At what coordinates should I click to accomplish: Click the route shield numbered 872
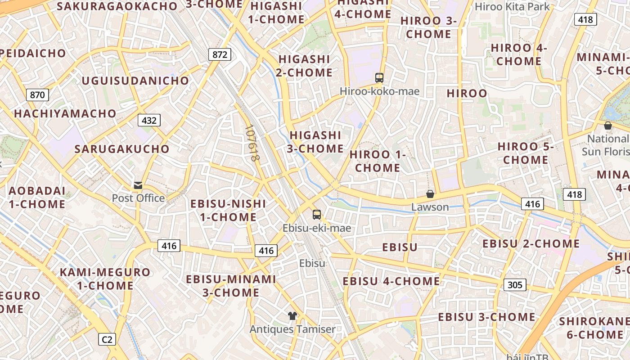(x=220, y=55)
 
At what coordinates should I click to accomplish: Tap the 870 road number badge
(x=38, y=95)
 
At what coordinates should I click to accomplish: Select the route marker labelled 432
(x=149, y=120)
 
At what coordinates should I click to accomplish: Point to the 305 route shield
(x=515, y=284)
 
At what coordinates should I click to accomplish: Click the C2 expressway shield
(x=107, y=339)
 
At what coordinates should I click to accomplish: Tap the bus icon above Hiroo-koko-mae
(x=379, y=78)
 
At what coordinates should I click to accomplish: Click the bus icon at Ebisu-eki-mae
(x=317, y=215)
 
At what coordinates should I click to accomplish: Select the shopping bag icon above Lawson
(x=430, y=194)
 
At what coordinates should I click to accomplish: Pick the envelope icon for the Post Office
(x=138, y=185)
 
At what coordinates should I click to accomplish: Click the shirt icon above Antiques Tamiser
(x=292, y=316)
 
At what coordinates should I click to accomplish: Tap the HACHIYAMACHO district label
(x=65, y=113)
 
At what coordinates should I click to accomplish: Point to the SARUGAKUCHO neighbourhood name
(x=122, y=149)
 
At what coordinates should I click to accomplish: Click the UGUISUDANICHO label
(x=135, y=81)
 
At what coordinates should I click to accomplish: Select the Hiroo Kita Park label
(x=513, y=7)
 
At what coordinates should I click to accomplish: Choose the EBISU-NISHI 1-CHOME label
(x=228, y=210)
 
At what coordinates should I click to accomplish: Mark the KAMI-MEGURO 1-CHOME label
(x=105, y=279)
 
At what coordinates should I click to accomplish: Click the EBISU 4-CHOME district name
(x=391, y=281)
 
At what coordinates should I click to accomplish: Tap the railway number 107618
(x=253, y=143)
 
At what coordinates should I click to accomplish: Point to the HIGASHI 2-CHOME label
(x=305, y=66)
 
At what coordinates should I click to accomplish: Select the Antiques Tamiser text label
(x=292, y=329)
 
